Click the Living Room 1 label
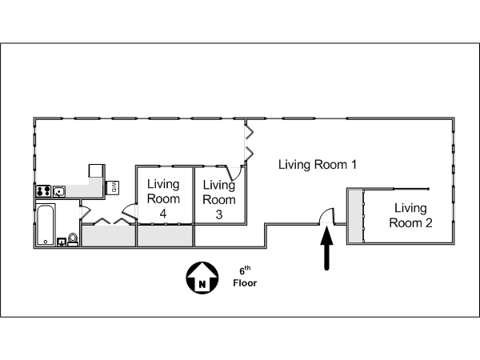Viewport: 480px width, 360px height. tap(317, 165)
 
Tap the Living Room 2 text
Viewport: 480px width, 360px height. tap(410, 215)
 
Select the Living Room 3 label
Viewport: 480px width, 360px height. tap(219, 200)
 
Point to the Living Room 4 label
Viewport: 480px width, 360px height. tap(162, 199)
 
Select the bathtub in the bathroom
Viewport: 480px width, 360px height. tap(45, 225)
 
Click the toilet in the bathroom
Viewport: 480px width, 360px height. tap(73, 239)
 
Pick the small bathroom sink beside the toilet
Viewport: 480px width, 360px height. tap(61, 239)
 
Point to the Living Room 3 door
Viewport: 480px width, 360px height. tap(234, 171)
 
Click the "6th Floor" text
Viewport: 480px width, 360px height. tap(245, 276)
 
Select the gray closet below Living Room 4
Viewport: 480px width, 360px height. tap(166, 236)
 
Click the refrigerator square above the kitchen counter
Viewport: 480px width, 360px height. tap(97, 170)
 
